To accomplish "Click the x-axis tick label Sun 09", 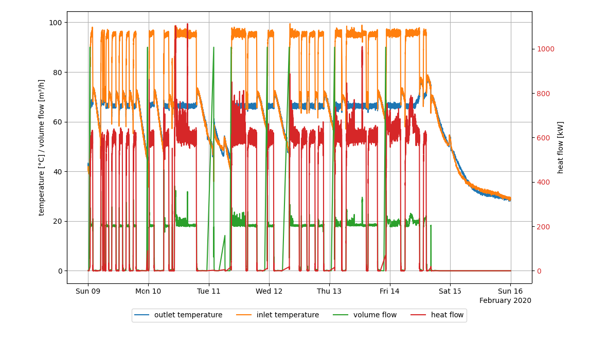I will click(88, 291).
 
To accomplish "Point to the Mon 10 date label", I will click(148, 291).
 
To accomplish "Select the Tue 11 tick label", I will click(209, 291).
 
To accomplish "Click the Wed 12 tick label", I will click(269, 291).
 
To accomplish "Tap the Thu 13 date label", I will click(329, 291).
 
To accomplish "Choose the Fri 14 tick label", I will click(390, 291).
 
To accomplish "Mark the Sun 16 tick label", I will click(510, 291).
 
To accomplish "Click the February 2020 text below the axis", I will click(505, 300).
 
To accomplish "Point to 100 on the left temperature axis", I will click(55, 23).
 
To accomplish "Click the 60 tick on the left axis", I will click(57, 122).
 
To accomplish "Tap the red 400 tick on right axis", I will click(544, 183).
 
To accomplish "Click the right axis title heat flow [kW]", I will click(561, 147).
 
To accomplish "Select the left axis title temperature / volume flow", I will click(41, 147).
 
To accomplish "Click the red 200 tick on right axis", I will click(544, 227).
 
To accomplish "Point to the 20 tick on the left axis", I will click(57, 221).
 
